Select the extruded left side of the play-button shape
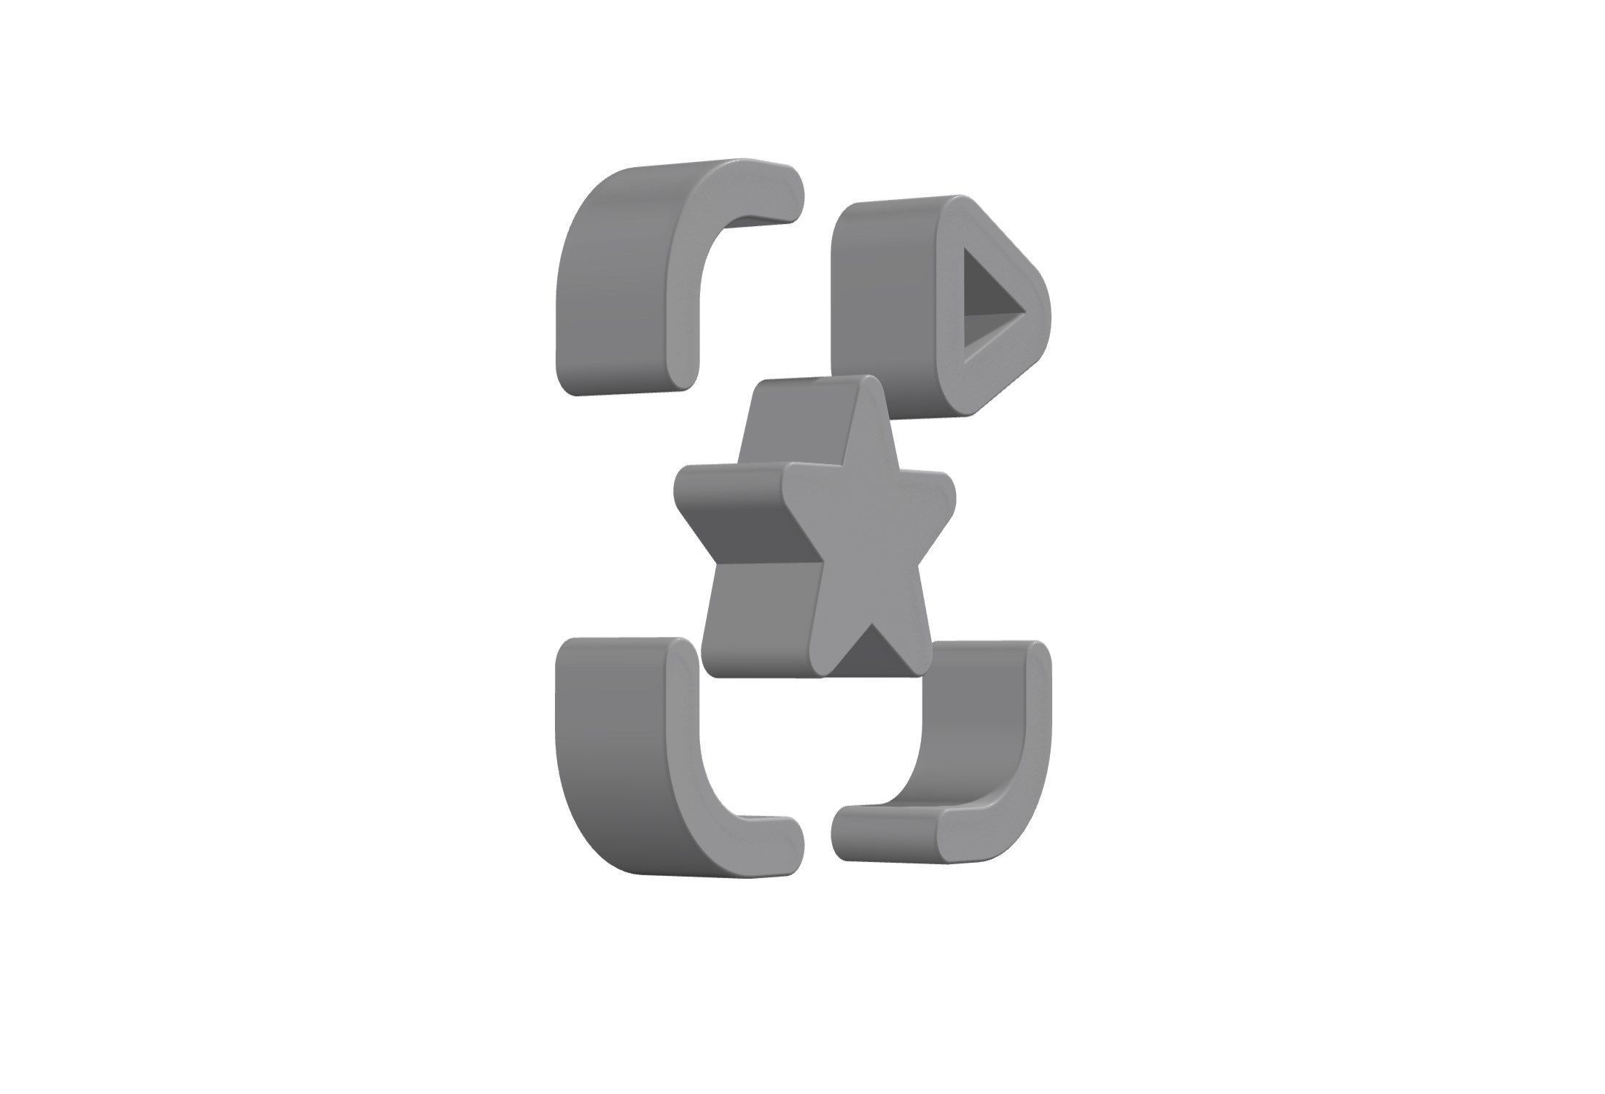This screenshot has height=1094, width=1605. [882, 306]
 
